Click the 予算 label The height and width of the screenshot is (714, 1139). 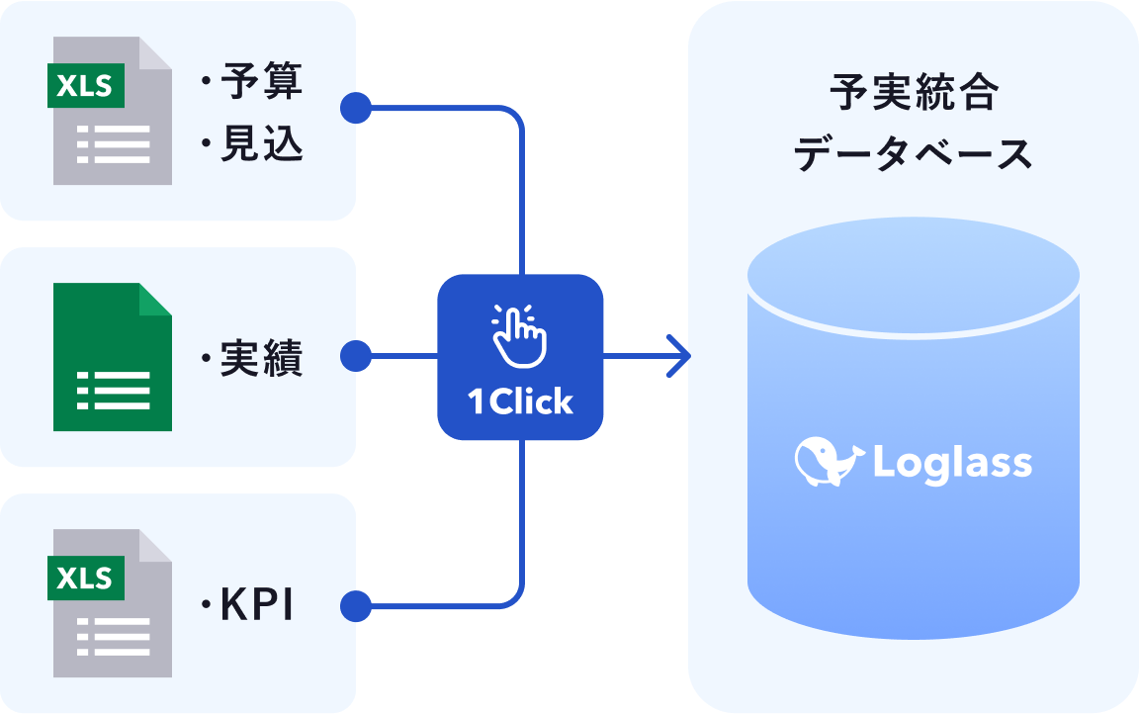[x=261, y=81]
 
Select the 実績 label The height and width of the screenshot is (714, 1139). [x=261, y=358]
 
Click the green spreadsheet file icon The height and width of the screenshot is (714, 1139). [x=112, y=357]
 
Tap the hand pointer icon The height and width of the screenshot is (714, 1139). [x=519, y=334]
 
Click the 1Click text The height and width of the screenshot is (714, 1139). [x=520, y=402]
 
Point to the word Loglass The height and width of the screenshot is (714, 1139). [x=952, y=463]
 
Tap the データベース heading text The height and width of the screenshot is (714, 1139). [x=914, y=155]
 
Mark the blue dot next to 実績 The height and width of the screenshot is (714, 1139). [x=355, y=356]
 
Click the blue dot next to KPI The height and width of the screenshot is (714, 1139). [x=355, y=606]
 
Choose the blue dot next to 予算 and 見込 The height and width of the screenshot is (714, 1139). [x=355, y=108]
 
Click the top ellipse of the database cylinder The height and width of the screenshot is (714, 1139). [x=913, y=273]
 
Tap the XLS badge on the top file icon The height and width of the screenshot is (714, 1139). [x=85, y=86]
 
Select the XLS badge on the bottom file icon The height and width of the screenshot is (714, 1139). [x=85, y=579]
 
